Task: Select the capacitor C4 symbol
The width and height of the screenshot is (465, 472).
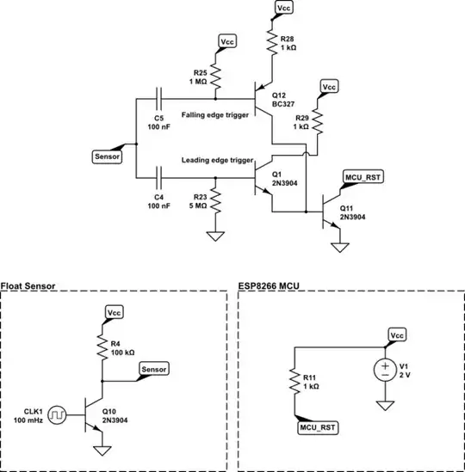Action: (x=158, y=179)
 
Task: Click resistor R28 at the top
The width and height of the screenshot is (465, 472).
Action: (x=271, y=40)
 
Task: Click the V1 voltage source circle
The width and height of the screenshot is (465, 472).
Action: (x=383, y=371)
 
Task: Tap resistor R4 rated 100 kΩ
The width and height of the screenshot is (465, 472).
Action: (x=102, y=347)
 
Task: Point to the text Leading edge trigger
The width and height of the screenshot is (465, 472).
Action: (x=216, y=160)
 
